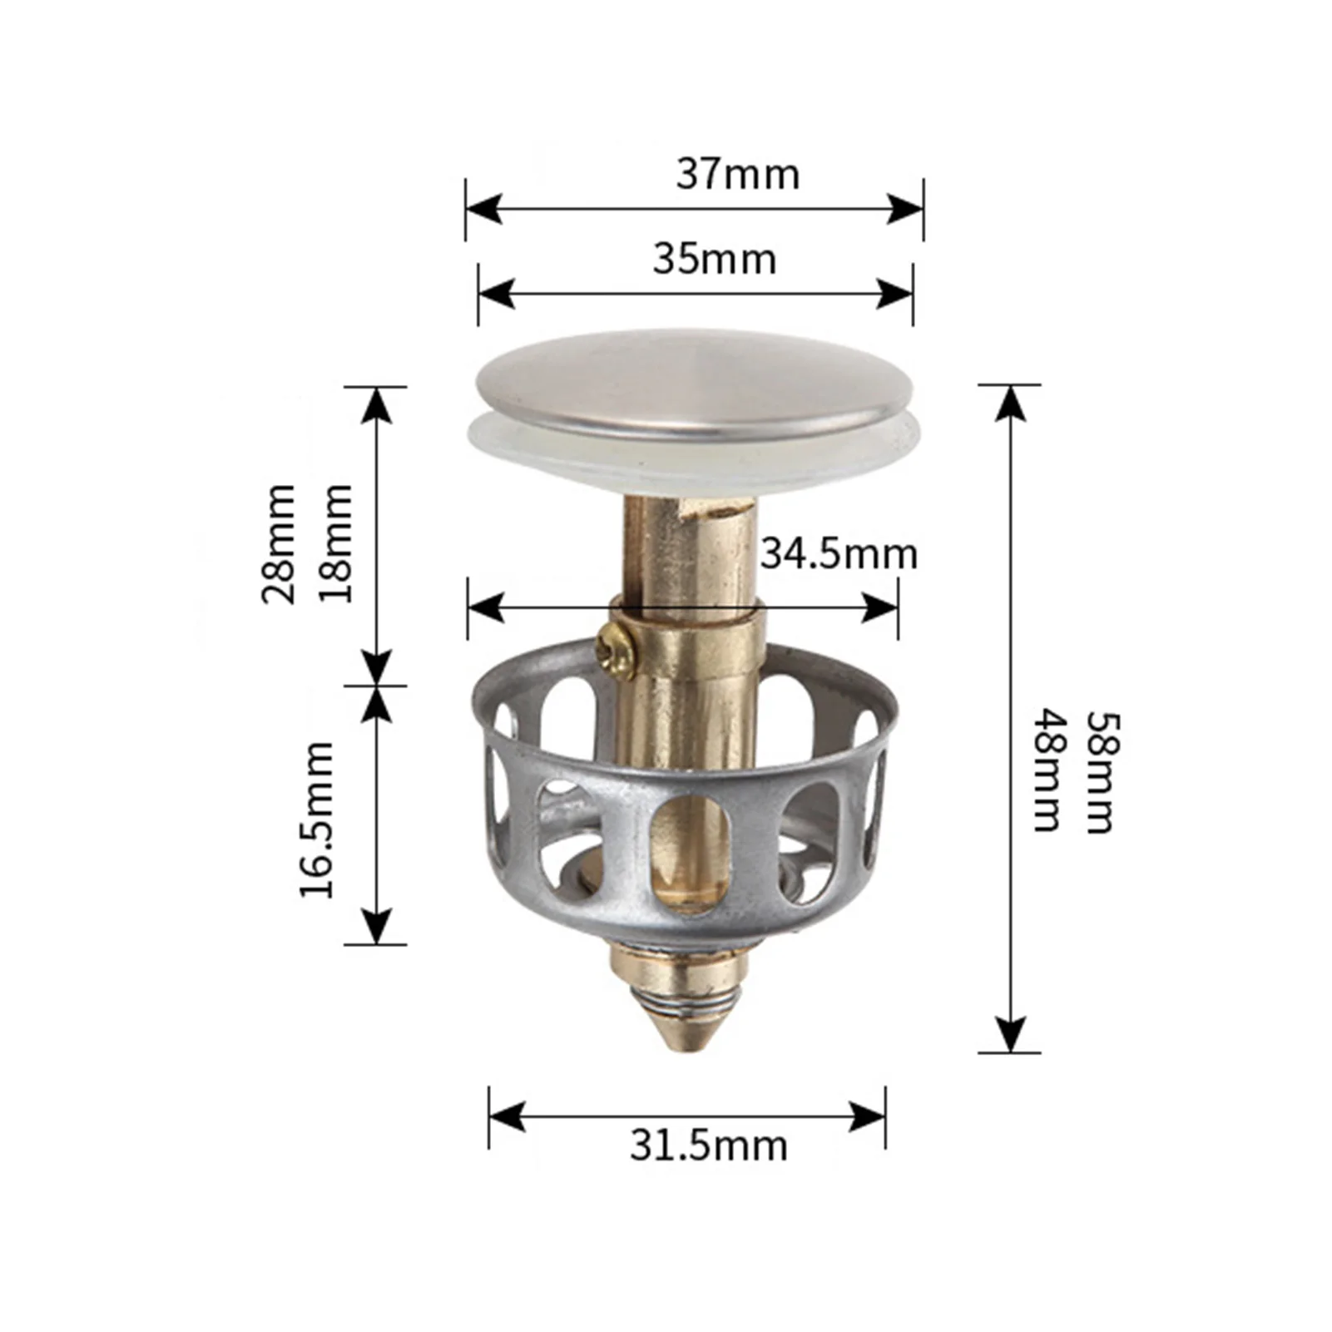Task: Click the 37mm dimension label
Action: click(737, 175)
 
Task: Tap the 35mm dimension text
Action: click(714, 259)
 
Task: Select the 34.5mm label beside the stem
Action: click(838, 554)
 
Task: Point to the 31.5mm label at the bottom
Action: click(708, 1146)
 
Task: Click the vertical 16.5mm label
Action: click(317, 820)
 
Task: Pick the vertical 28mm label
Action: click(280, 543)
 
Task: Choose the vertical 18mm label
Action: click(337, 543)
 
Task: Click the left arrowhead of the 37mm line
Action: click(483, 209)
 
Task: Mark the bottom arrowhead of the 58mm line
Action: click(1009, 1035)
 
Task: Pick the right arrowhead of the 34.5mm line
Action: click(881, 608)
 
